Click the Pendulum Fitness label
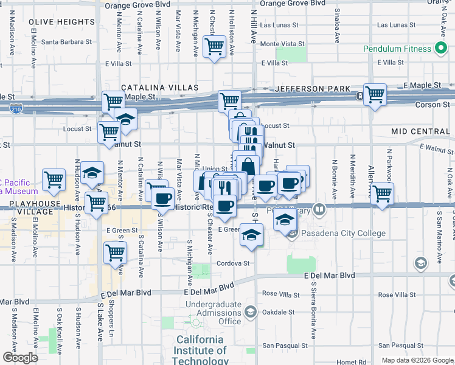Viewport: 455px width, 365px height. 397,49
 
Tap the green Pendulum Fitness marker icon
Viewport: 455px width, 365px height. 439,49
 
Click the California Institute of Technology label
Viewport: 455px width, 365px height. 200,350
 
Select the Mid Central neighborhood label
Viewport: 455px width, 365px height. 420,131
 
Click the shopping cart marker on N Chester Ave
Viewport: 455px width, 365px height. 214,46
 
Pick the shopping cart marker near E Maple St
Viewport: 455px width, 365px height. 375,94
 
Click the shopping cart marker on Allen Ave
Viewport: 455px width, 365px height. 382,193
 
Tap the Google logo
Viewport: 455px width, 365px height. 19,358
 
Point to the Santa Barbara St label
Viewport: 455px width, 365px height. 66,43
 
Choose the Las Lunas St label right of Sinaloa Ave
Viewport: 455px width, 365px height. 395,25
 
